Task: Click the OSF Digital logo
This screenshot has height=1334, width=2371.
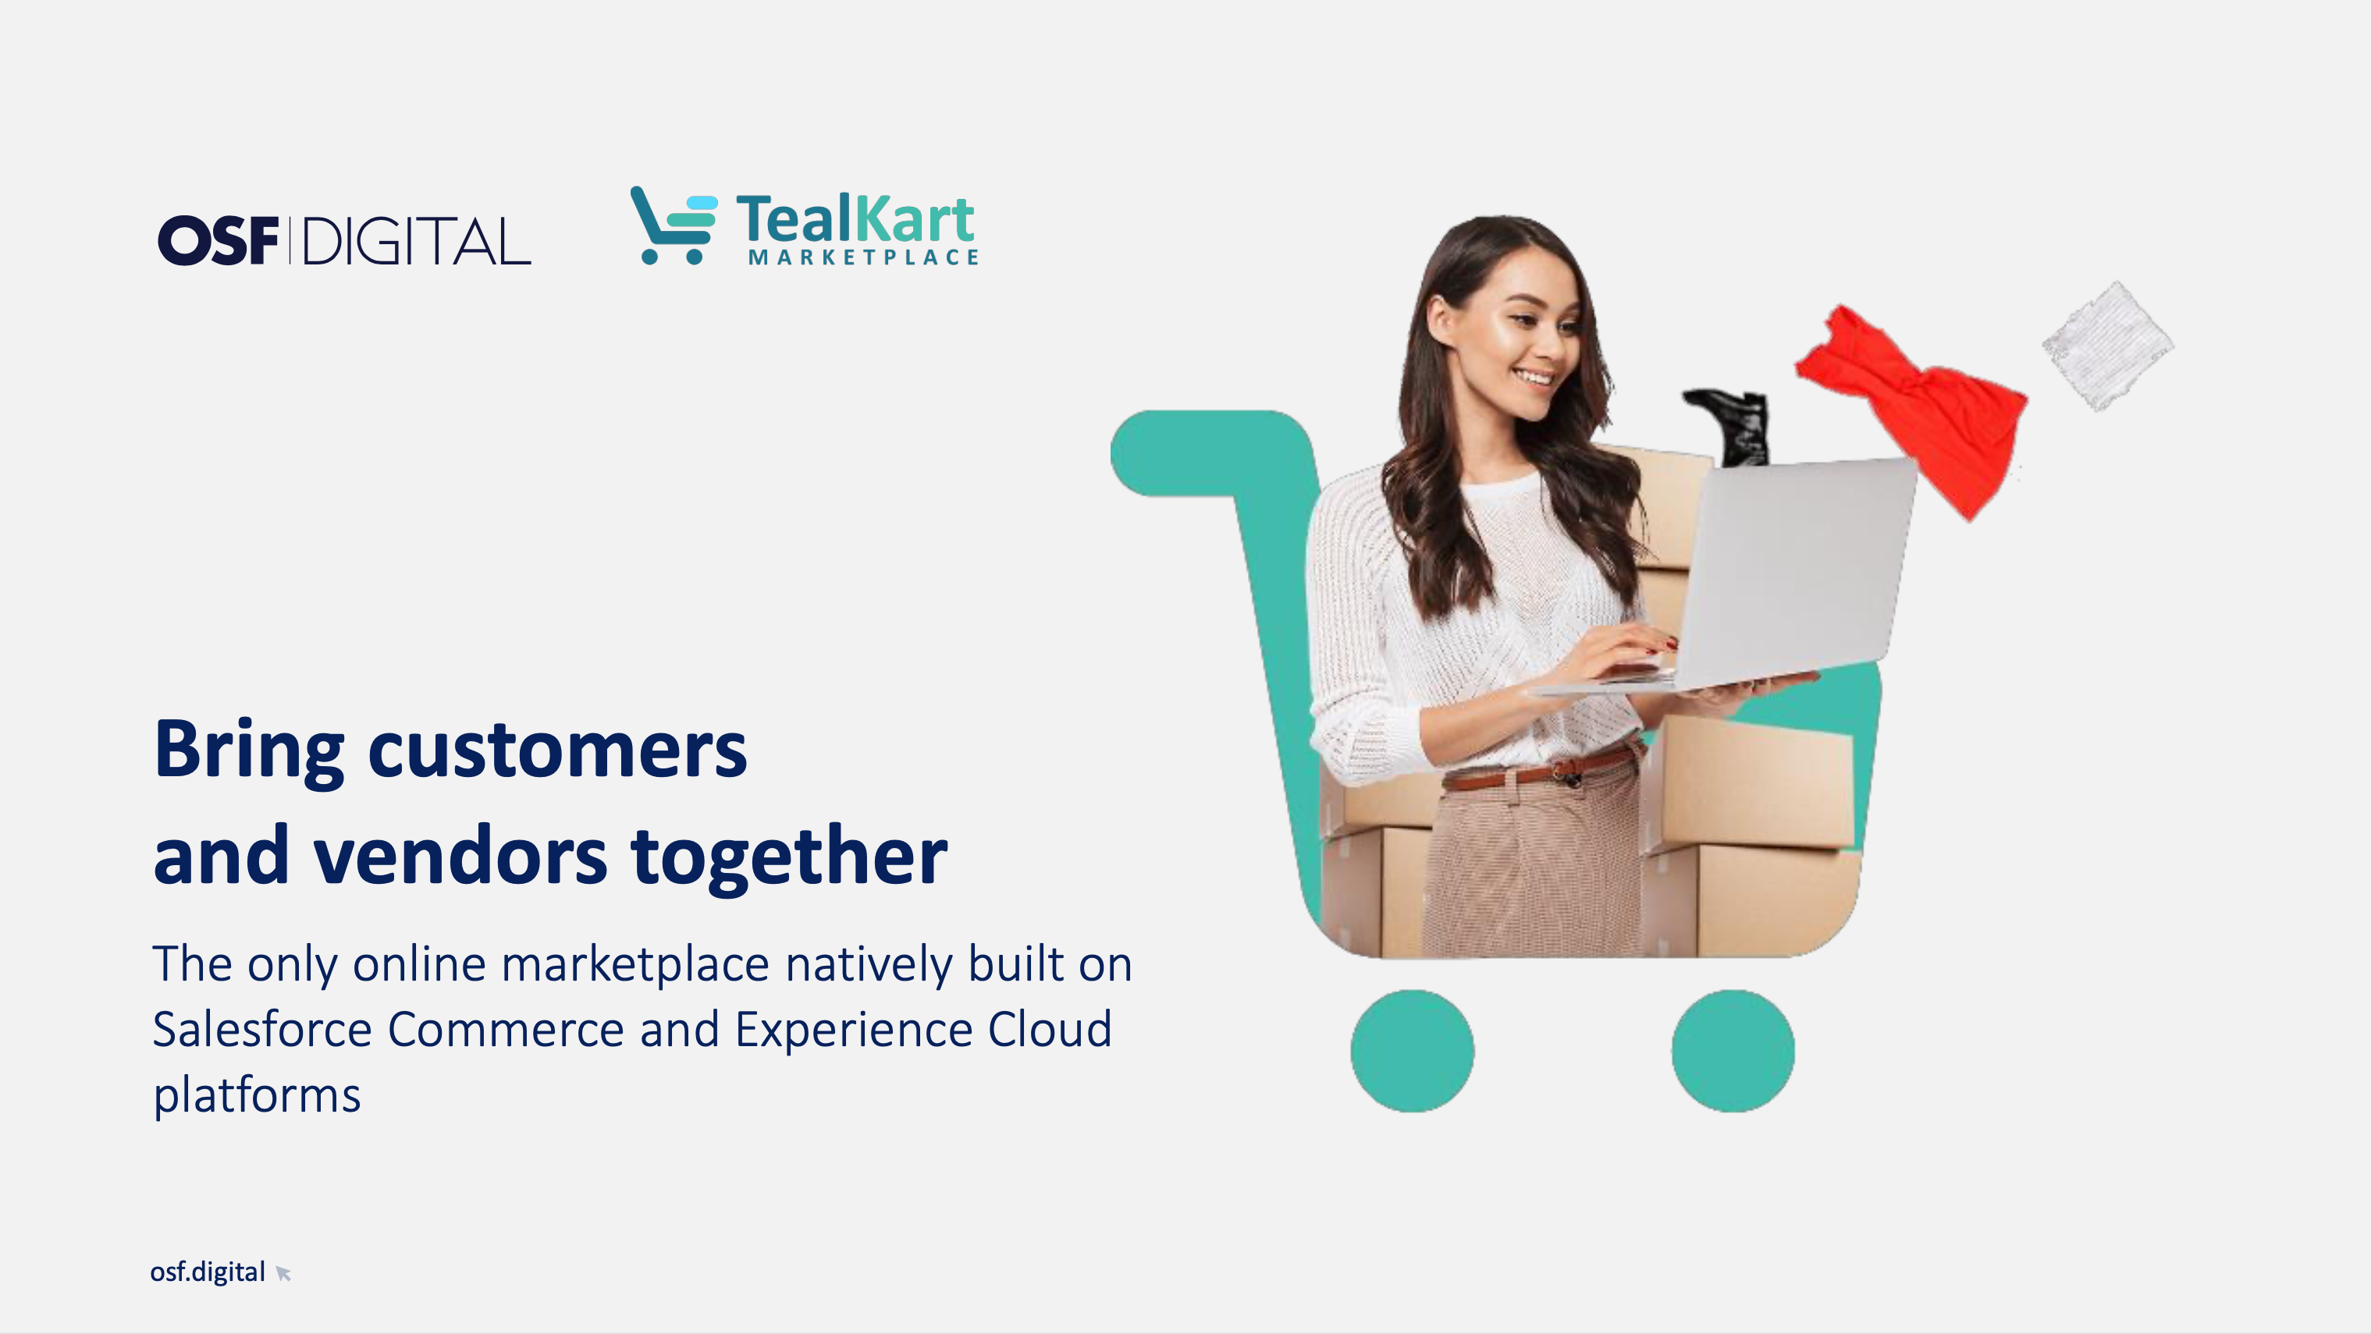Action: (344, 240)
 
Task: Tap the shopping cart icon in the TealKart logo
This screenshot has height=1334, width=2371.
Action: (673, 225)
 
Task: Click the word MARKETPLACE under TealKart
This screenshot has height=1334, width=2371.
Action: (863, 257)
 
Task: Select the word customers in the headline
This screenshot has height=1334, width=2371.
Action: (557, 750)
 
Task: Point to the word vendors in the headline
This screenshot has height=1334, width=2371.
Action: (460, 857)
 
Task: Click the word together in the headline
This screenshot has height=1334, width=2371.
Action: (789, 857)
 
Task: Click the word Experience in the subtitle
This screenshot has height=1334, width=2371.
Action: (853, 1031)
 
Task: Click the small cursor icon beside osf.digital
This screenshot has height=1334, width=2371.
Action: (283, 1273)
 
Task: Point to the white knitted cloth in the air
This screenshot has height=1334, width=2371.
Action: (2108, 345)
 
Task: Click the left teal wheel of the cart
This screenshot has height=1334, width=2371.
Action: (1412, 1051)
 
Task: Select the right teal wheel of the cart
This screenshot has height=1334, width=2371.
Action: (1733, 1051)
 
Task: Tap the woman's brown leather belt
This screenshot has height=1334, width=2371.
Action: (1537, 770)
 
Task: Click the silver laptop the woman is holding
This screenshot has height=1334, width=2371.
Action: (1749, 580)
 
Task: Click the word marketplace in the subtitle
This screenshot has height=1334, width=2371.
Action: (635, 964)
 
